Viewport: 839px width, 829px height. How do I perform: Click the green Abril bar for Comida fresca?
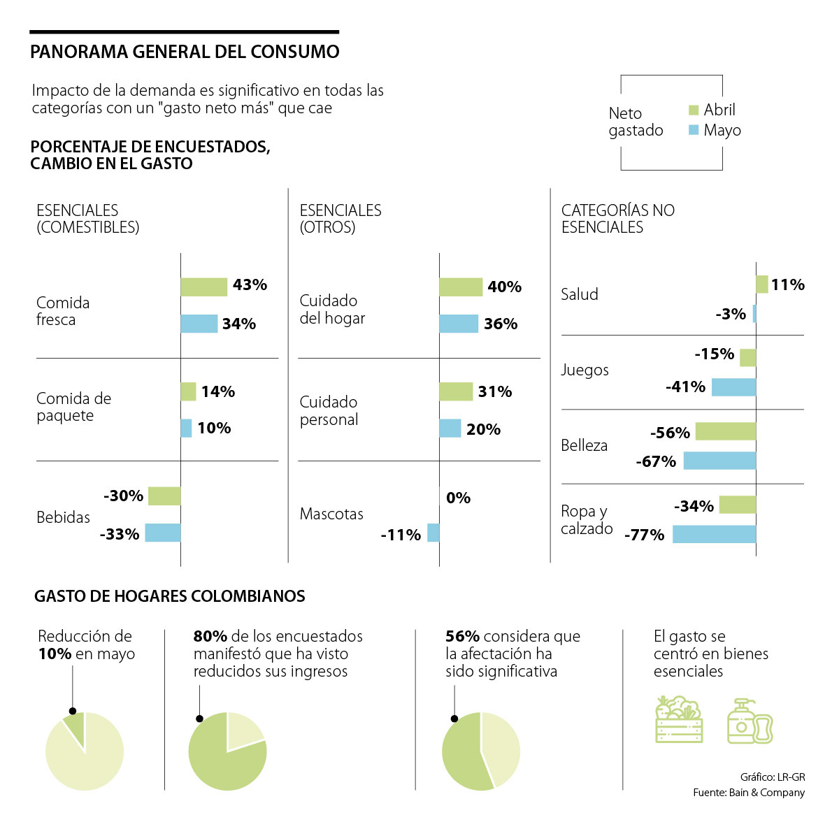[x=203, y=287]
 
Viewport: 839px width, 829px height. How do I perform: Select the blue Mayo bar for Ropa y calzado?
[x=714, y=534]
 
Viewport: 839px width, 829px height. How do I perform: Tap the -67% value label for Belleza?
[x=656, y=461]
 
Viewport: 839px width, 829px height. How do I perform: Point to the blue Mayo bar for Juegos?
[x=733, y=387]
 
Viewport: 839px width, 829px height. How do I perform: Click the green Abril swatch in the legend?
[x=694, y=110]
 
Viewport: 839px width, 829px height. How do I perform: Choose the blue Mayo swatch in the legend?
[x=694, y=130]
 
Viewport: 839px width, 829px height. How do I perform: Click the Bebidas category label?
[x=63, y=517]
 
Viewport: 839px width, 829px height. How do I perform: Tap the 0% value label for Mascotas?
[x=458, y=498]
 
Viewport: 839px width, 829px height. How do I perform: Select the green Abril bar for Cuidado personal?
[x=456, y=391]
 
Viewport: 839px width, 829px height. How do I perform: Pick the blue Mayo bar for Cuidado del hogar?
[x=459, y=324]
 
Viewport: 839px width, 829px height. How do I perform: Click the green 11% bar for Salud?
[x=762, y=284]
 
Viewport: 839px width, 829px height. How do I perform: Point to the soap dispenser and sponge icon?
[x=750, y=721]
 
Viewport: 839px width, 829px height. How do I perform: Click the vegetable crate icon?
[x=679, y=719]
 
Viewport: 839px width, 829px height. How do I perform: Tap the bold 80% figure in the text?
[x=210, y=636]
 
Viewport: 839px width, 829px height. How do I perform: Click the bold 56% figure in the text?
[x=462, y=636]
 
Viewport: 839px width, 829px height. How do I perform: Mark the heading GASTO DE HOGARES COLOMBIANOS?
[x=170, y=596]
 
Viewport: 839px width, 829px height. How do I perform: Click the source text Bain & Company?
[x=766, y=793]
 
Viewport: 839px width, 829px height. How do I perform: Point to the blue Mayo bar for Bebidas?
[x=163, y=533]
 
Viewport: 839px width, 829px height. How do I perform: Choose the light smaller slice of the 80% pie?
[x=243, y=730]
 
